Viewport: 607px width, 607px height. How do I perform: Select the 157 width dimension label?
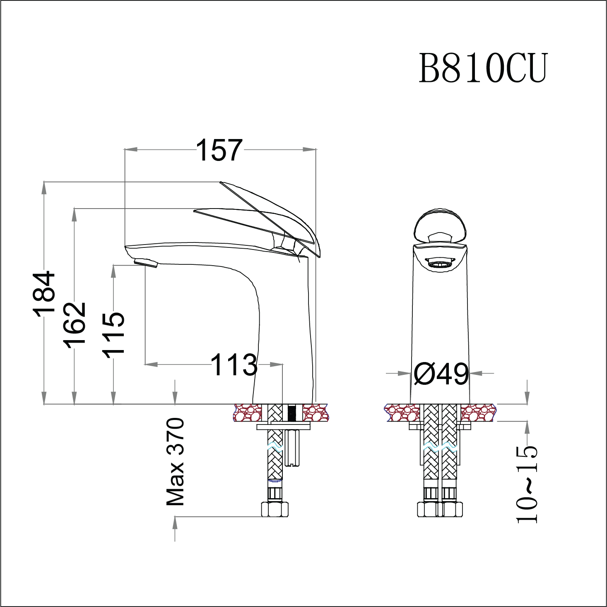pos(219,150)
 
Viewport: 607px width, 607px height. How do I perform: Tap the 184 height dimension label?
pos(44,294)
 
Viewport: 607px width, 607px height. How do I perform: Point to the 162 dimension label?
pos(75,325)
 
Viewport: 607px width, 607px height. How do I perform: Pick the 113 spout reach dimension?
pos(234,365)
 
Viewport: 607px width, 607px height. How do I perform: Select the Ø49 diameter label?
pos(441,374)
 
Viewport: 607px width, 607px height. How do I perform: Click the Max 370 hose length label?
pos(175,462)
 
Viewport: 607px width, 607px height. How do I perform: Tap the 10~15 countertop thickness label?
pos(527,484)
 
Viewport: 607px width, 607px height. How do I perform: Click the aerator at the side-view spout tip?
pos(146,263)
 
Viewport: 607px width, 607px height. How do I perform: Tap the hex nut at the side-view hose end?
pos(275,509)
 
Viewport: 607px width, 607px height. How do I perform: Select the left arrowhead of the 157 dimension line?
pos(131,149)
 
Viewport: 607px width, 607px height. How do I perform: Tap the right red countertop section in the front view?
pos(478,413)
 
